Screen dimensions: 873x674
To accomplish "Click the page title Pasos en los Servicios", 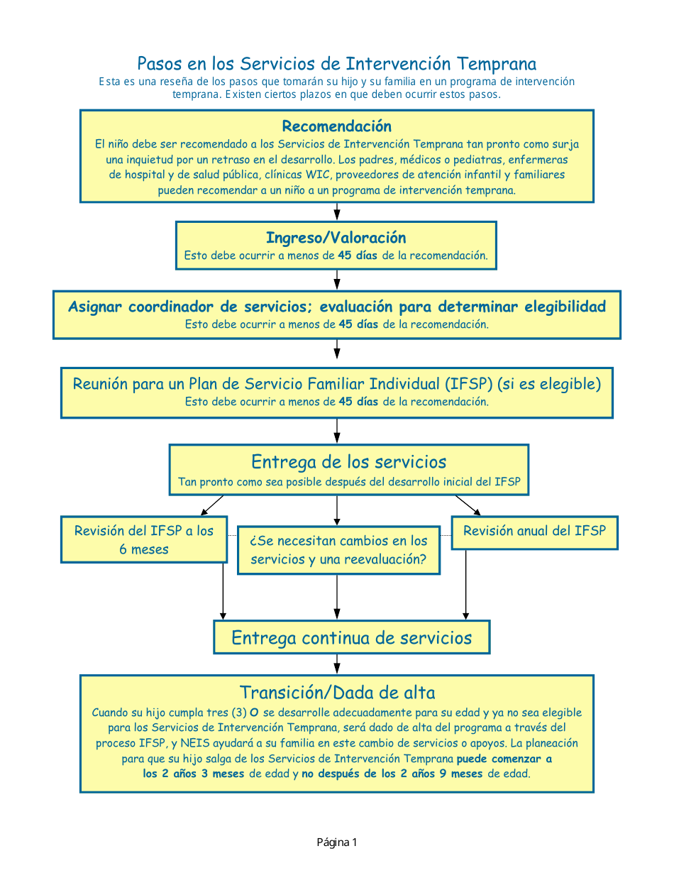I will click(336, 64).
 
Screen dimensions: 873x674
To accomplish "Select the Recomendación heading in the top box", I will click(336, 126).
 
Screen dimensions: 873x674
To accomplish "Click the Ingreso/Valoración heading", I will click(336, 238).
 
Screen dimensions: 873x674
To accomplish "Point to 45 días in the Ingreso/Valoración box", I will click(358, 256).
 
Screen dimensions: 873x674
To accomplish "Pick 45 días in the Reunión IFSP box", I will click(358, 402).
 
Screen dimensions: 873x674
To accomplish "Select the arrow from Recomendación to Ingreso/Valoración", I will click(337, 212).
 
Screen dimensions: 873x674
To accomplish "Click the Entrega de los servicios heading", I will click(348, 462).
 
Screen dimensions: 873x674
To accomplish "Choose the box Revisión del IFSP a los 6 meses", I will click(144, 539).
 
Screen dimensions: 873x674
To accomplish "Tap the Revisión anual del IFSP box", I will click(534, 532).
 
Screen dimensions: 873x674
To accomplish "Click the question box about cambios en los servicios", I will click(338, 550).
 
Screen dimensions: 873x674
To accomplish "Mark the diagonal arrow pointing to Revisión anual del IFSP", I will click(468, 505).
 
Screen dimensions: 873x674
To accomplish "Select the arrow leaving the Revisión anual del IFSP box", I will click(465, 584).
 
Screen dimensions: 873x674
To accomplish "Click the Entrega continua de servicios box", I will click(351, 637).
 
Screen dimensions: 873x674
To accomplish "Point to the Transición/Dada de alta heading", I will click(337, 693).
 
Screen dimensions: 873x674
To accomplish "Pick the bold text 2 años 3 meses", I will click(193, 774).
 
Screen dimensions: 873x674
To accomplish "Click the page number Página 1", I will click(337, 842).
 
